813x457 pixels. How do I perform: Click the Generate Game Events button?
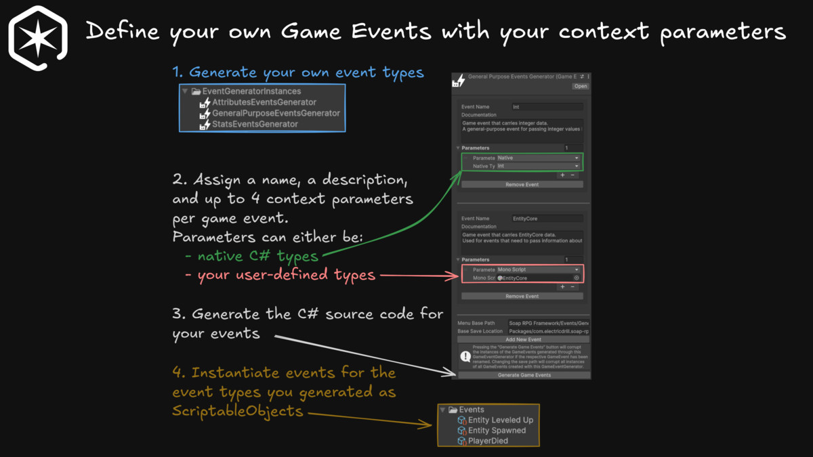tap(524, 375)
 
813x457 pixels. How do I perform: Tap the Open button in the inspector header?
tap(581, 87)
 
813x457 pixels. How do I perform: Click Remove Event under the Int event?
tap(522, 185)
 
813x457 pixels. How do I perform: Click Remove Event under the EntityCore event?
tap(522, 297)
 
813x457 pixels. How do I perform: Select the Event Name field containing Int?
tap(547, 107)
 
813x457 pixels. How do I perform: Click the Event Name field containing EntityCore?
tap(547, 219)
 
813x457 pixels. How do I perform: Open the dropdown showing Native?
tap(538, 158)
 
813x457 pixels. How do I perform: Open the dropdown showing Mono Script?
tap(538, 269)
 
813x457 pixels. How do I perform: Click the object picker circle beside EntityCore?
tap(577, 278)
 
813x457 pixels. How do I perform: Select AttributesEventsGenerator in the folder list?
tap(264, 102)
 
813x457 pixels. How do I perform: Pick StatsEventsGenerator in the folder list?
tap(255, 124)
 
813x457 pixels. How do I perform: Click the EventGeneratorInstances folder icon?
tap(196, 91)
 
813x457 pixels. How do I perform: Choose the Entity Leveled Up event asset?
tap(501, 420)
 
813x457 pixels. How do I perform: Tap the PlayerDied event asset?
tap(488, 441)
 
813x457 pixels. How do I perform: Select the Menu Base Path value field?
tap(548, 324)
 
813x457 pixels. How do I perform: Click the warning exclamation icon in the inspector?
tap(465, 356)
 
